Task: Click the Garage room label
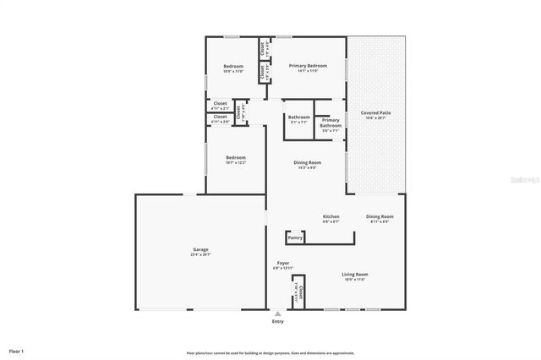coord(200,249)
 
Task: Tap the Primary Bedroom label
coord(307,66)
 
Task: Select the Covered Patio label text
coord(375,112)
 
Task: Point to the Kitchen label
coord(331,216)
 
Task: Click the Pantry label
coord(295,237)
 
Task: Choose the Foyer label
coord(283,263)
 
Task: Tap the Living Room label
coord(354,274)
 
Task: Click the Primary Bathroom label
coord(331,123)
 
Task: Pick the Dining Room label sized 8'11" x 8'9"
coord(380,216)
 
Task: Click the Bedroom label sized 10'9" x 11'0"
coord(233,67)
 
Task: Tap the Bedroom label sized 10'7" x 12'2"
coord(235,158)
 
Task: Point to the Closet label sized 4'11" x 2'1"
coord(220,103)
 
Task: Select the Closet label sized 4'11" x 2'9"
coord(220,117)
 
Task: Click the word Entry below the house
coord(277,322)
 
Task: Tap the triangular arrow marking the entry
coord(277,314)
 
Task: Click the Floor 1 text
coord(17,351)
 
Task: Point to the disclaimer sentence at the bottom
coord(270,353)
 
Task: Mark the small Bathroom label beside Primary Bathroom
coord(298,117)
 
